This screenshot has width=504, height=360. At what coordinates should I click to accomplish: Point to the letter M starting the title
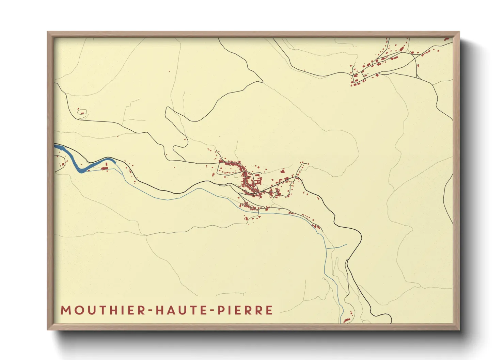65,310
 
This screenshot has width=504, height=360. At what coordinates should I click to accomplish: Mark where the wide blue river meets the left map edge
56,146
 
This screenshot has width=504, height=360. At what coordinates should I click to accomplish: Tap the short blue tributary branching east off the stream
337,246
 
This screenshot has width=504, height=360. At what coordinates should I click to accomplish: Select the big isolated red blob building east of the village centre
282,171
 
